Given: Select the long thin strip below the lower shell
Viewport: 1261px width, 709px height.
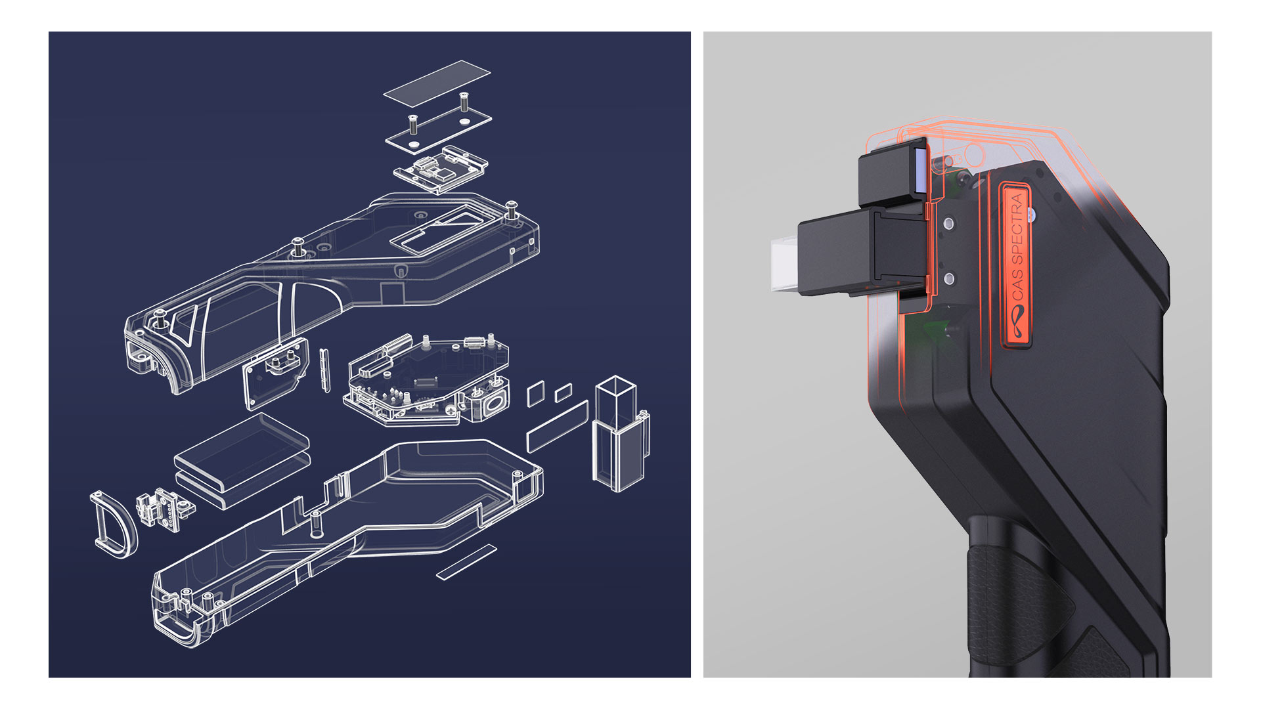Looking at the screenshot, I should [467, 562].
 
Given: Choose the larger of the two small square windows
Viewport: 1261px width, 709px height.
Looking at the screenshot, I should [536, 393].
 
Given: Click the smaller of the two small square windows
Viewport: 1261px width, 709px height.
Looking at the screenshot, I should [563, 393].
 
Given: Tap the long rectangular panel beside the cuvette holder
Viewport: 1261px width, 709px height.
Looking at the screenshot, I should [557, 427].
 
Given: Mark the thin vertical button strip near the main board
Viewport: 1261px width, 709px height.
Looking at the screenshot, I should [324, 370].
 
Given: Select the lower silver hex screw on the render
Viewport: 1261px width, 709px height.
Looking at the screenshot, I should [948, 279].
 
